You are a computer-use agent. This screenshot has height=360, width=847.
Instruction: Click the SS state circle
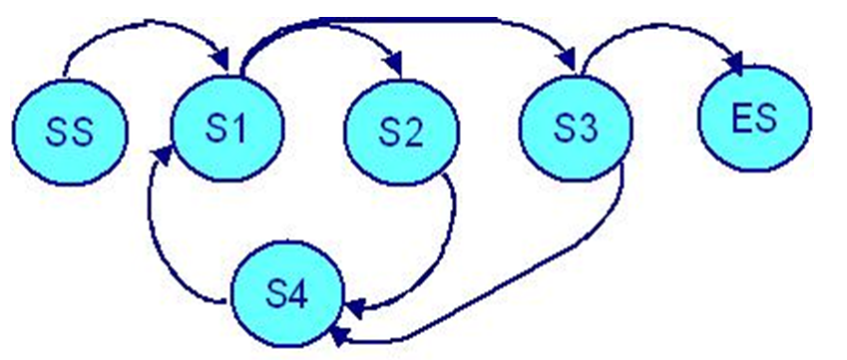point(69,133)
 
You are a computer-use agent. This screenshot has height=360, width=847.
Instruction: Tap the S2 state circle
point(402,133)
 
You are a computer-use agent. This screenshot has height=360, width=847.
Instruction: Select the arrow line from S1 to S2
point(329,31)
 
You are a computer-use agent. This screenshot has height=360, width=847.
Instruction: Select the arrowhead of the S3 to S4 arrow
point(338,334)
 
